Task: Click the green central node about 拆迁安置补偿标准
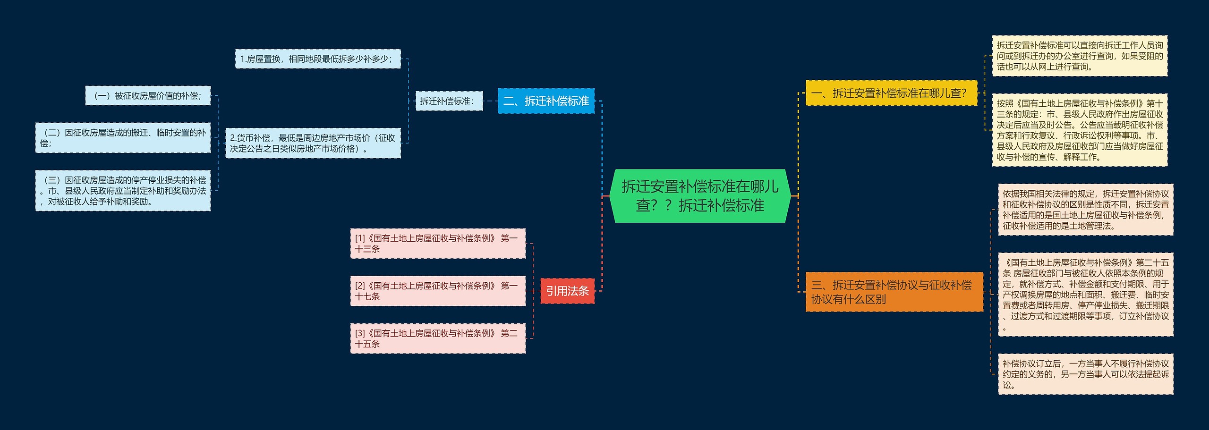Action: tap(699, 196)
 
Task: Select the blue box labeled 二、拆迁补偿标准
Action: tap(545, 101)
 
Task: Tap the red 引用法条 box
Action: tap(567, 291)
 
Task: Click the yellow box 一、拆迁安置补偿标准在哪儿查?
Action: tap(891, 93)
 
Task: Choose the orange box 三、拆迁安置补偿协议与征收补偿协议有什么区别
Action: tap(894, 292)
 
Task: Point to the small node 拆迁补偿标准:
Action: tap(449, 101)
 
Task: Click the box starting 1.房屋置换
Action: tap(318, 59)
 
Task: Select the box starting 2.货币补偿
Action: tap(313, 143)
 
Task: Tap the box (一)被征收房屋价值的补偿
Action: tap(148, 96)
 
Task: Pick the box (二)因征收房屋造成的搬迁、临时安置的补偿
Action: tap(123, 138)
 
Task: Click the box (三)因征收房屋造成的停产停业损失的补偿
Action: tap(123, 191)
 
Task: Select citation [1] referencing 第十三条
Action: tap(437, 244)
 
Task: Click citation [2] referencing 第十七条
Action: tap(437, 291)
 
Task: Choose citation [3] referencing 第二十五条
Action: tap(437, 338)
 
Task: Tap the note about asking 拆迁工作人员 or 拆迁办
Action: tap(1079, 56)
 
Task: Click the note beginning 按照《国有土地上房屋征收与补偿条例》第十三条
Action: tap(1079, 130)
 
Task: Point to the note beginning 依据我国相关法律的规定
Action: tap(1085, 210)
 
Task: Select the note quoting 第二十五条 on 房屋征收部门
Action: tap(1085, 295)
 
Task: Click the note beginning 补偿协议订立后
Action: tap(1085, 374)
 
